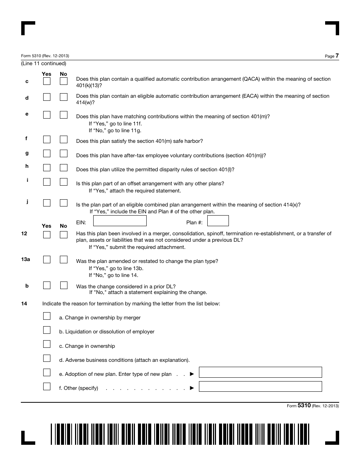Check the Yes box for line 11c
point(47,81)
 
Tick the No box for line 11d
point(64,97)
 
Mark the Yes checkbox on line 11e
point(47,114)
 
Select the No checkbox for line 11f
point(64,139)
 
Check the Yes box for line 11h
point(47,167)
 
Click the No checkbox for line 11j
point(64,203)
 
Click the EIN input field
point(120,221)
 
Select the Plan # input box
point(218,221)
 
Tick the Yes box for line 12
point(47,235)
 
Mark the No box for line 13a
point(64,260)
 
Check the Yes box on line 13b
point(47,285)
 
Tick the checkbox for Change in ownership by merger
point(47,316)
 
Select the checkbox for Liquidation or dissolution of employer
point(47,330)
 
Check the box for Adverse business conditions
point(47,358)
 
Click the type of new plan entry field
point(260,372)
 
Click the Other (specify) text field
point(260,386)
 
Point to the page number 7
point(337,56)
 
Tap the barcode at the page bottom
point(180,434)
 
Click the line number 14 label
point(24,303)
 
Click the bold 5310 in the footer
point(304,405)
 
